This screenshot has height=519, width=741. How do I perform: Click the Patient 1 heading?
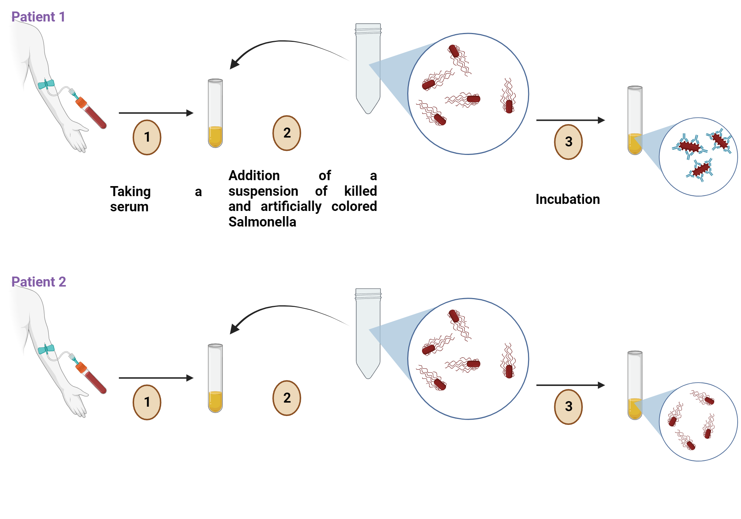pos(38,17)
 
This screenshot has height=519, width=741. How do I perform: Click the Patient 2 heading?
pos(39,282)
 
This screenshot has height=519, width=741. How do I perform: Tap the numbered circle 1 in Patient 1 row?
pos(147,137)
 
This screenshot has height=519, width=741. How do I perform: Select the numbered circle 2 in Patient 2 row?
pos(286,398)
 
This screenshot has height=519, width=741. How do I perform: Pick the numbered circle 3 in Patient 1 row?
pos(568,142)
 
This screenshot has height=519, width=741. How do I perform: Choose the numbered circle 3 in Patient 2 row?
pos(568,406)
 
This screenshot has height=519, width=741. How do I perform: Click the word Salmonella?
pos(262,222)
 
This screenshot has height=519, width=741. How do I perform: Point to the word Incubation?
pos(567,199)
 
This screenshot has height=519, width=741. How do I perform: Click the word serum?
pos(129,206)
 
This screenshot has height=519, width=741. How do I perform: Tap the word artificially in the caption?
pos(291,206)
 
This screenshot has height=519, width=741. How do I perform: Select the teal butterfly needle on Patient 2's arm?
pos(46,349)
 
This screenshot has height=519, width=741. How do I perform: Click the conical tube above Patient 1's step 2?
pos(368,69)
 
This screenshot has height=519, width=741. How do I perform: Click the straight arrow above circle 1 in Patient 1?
pos(156,113)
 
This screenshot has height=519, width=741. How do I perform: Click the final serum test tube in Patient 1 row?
pos(634,120)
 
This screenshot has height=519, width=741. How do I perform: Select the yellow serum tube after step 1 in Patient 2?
pos(215,378)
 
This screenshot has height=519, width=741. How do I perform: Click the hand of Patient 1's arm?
pos(76,137)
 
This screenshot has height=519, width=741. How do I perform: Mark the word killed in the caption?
pos(360,191)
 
